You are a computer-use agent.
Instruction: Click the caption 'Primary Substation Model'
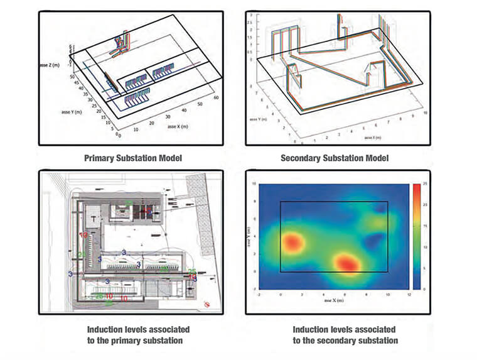click(x=132, y=158)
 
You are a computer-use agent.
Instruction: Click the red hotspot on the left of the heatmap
click(x=292, y=242)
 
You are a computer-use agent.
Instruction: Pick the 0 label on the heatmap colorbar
click(x=424, y=288)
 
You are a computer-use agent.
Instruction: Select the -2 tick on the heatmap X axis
click(x=259, y=293)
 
